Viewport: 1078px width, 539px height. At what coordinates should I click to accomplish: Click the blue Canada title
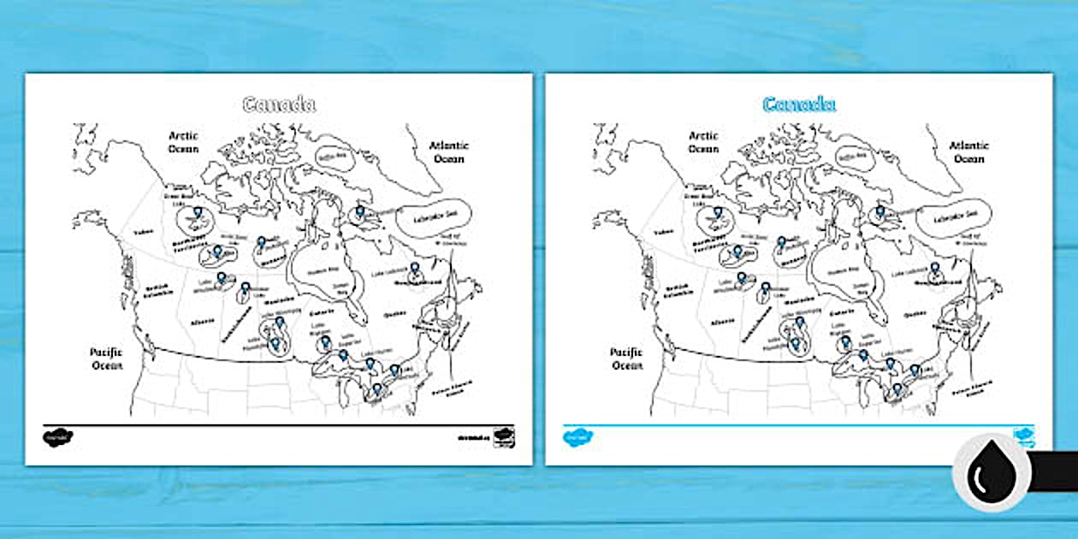point(798,104)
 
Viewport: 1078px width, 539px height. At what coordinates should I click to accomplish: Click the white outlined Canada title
point(279,104)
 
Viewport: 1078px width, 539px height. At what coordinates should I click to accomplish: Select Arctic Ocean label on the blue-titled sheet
point(703,142)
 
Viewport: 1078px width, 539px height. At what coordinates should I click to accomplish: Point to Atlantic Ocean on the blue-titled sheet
point(968,152)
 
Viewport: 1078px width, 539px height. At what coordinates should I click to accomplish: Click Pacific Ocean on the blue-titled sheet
point(626,358)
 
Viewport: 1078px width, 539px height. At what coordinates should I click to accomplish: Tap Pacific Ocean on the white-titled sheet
point(107,358)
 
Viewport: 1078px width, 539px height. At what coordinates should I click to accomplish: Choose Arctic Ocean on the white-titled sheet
point(183,142)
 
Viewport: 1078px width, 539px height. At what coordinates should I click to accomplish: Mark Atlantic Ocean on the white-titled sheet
point(448,152)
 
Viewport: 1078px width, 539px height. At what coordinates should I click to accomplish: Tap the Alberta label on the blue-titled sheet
point(724,323)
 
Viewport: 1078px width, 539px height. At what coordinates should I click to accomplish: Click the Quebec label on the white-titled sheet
point(394,314)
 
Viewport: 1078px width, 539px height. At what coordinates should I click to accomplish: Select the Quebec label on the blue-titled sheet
point(915,314)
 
